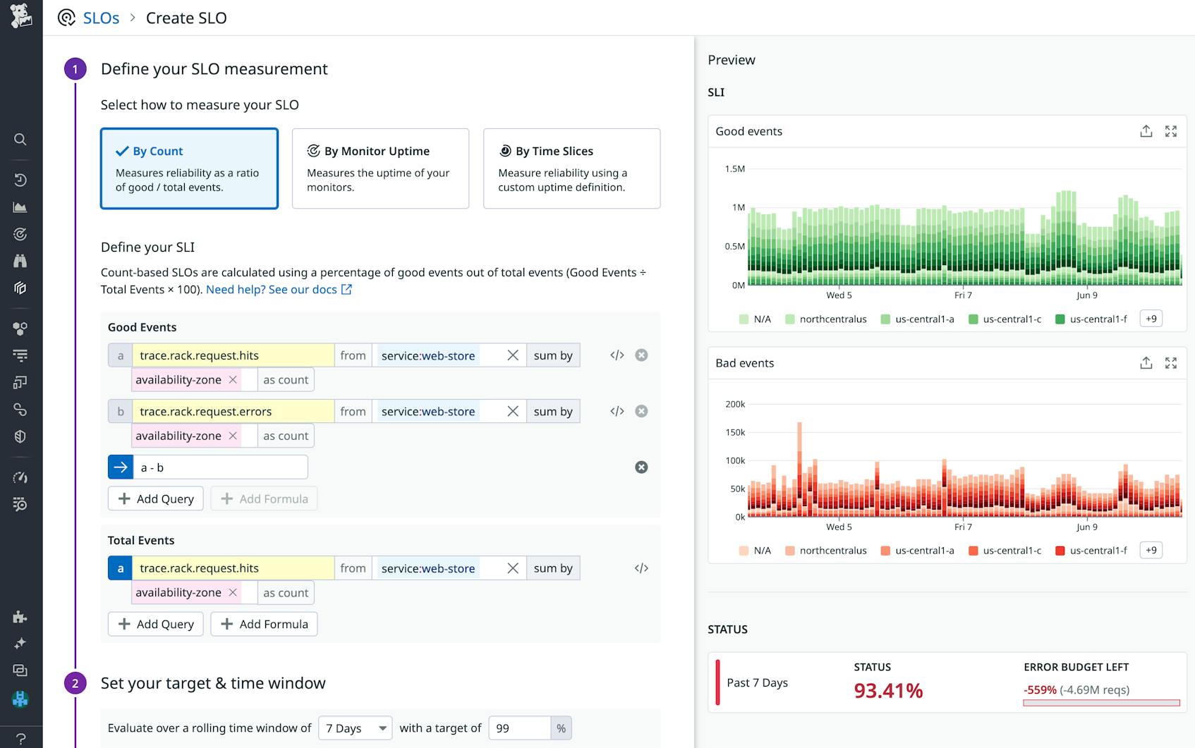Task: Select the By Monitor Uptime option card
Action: point(380,168)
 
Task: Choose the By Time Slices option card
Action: point(571,168)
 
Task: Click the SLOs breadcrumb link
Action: point(101,18)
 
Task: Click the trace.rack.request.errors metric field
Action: point(233,412)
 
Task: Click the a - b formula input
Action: point(220,467)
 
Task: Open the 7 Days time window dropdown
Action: point(355,728)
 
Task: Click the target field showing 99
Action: point(519,728)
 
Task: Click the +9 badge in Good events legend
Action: point(1151,319)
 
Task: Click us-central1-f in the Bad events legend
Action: point(1098,551)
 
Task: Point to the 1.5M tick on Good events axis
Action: point(734,169)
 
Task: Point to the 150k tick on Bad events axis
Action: point(734,433)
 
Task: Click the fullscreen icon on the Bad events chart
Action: point(1171,363)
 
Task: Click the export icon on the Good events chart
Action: point(1146,131)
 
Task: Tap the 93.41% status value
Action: point(888,691)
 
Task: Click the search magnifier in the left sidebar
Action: point(20,140)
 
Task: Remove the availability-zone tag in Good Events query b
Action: point(233,436)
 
